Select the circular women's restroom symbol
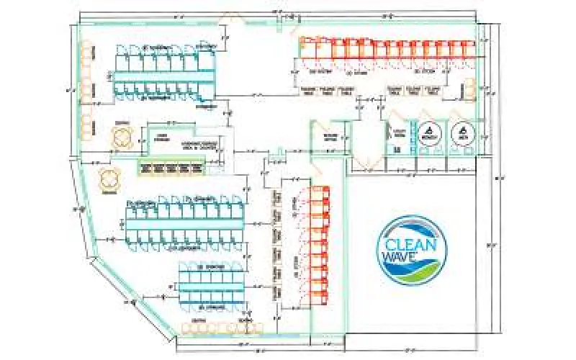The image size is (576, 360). (x=430, y=134)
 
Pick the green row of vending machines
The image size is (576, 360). (x=174, y=168)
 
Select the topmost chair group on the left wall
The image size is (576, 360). (x=87, y=51)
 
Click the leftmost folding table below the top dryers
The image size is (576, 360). (x=308, y=91)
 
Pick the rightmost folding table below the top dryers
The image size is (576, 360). (x=432, y=91)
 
